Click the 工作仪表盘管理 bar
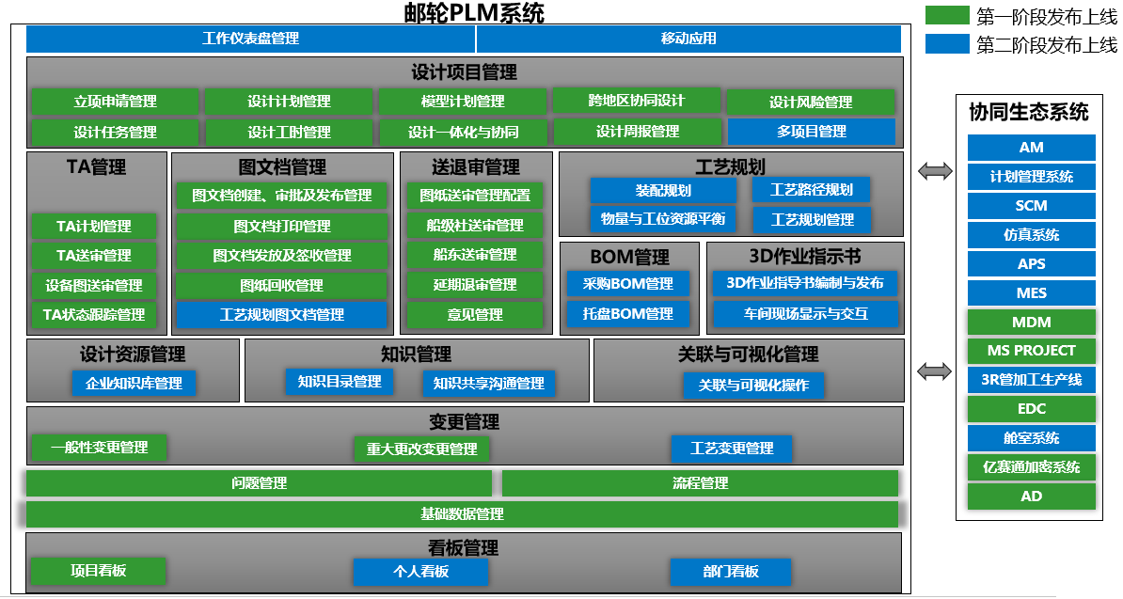pyautogui.click(x=250, y=39)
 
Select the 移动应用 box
pyautogui.click(x=688, y=39)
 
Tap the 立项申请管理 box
pyautogui.click(x=115, y=102)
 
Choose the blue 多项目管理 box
pyautogui.click(x=811, y=132)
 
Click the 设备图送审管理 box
pyautogui.click(x=93, y=285)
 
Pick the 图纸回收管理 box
pyautogui.click(x=281, y=285)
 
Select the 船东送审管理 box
pyautogui.click(x=475, y=255)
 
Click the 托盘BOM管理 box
pyautogui.click(x=627, y=313)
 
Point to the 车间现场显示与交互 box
pyautogui.click(x=805, y=313)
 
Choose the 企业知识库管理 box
pyautogui.click(x=134, y=384)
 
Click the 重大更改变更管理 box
pyautogui.click(x=422, y=449)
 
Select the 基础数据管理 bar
pyautogui.click(x=462, y=514)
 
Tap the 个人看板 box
pyautogui.click(x=420, y=572)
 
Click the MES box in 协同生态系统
pyautogui.click(x=1031, y=293)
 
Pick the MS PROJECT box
pyautogui.click(x=1031, y=351)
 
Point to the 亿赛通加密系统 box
pyautogui.click(x=1031, y=467)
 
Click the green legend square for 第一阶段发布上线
pyautogui.click(x=946, y=16)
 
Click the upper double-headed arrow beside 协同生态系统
pyautogui.click(x=935, y=171)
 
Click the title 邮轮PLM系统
pyautogui.click(x=474, y=12)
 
